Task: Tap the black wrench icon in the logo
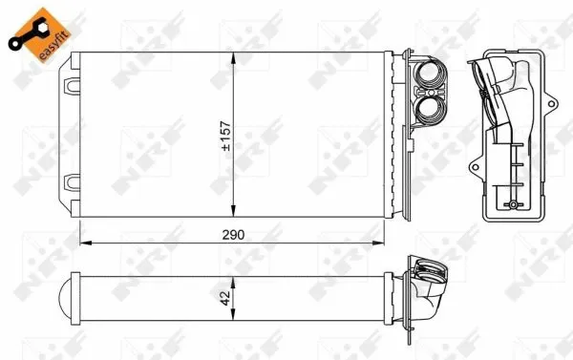[x=26, y=30]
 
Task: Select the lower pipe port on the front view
[x=429, y=110]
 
